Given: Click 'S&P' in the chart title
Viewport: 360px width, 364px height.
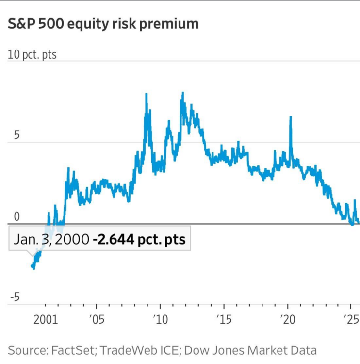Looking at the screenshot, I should point(20,23).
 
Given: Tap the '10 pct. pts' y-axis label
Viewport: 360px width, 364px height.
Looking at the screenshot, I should point(32,54).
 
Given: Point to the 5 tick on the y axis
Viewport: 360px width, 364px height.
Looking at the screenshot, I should point(16,135).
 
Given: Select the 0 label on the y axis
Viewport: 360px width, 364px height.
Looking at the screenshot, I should point(16,217).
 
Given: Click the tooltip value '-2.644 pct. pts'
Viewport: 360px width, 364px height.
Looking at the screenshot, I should point(139,239).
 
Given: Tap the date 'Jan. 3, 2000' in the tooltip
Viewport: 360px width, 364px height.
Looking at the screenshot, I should point(51,239).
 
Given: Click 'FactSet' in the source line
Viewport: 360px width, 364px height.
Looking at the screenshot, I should point(68,350).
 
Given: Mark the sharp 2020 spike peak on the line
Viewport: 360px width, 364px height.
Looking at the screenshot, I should point(291,117).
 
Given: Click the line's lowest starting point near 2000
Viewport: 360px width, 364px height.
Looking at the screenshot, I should point(33,267).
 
